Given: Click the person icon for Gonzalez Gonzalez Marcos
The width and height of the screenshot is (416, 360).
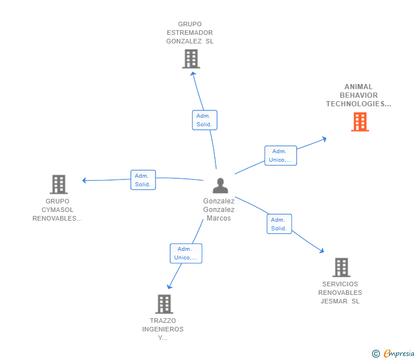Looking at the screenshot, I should pyautogui.click(x=220, y=186).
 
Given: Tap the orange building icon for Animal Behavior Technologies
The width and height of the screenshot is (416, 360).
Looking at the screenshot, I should pyautogui.click(x=359, y=122).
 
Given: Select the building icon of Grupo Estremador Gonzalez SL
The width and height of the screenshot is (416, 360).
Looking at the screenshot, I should pyautogui.click(x=191, y=59).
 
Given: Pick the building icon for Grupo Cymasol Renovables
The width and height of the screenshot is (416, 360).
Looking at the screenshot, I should pyautogui.click(x=58, y=185).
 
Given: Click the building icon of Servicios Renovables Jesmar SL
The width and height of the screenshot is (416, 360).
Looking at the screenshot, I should pyautogui.click(x=341, y=267).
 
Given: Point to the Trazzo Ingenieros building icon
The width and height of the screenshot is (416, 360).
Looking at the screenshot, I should pyautogui.click(x=164, y=304).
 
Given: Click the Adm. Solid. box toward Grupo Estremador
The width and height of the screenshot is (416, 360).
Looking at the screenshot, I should pyautogui.click(x=204, y=120).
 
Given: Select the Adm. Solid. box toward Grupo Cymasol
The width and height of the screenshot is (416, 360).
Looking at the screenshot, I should pyautogui.click(x=143, y=180).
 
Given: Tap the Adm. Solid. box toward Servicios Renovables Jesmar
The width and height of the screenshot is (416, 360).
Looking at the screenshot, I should pyautogui.click(x=279, y=224).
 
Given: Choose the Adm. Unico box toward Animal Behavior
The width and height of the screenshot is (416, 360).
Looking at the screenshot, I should pyautogui.click(x=280, y=155).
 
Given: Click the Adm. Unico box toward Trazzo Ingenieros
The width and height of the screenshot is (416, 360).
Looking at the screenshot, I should pyautogui.click(x=186, y=253).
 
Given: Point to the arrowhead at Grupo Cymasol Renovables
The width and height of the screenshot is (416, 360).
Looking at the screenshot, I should pyautogui.click(x=84, y=181).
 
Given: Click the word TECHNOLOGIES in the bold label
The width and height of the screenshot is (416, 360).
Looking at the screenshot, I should pyautogui.click(x=358, y=104).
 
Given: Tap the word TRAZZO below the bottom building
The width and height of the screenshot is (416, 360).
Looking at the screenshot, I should pyautogui.click(x=163, y=321).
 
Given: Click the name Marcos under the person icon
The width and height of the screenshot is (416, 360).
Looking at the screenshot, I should pyautogui.click(x=219, y=218).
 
